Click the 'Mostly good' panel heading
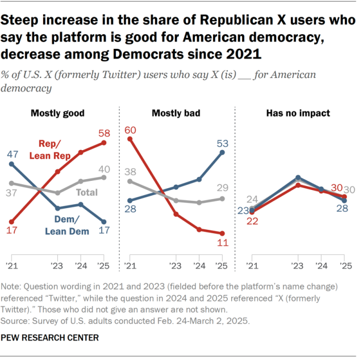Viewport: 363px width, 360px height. coord(57,113)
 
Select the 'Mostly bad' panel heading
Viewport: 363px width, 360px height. coord(176,113)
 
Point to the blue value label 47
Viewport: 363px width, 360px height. coord(12,154)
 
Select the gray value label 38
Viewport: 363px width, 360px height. coord(131,171)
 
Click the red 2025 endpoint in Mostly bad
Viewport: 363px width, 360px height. coord(222,233)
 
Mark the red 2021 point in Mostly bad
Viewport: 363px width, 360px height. coord(131,139)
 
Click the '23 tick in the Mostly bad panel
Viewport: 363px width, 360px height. coord(176,266)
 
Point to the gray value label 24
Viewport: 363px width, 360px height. coord(252,199)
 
